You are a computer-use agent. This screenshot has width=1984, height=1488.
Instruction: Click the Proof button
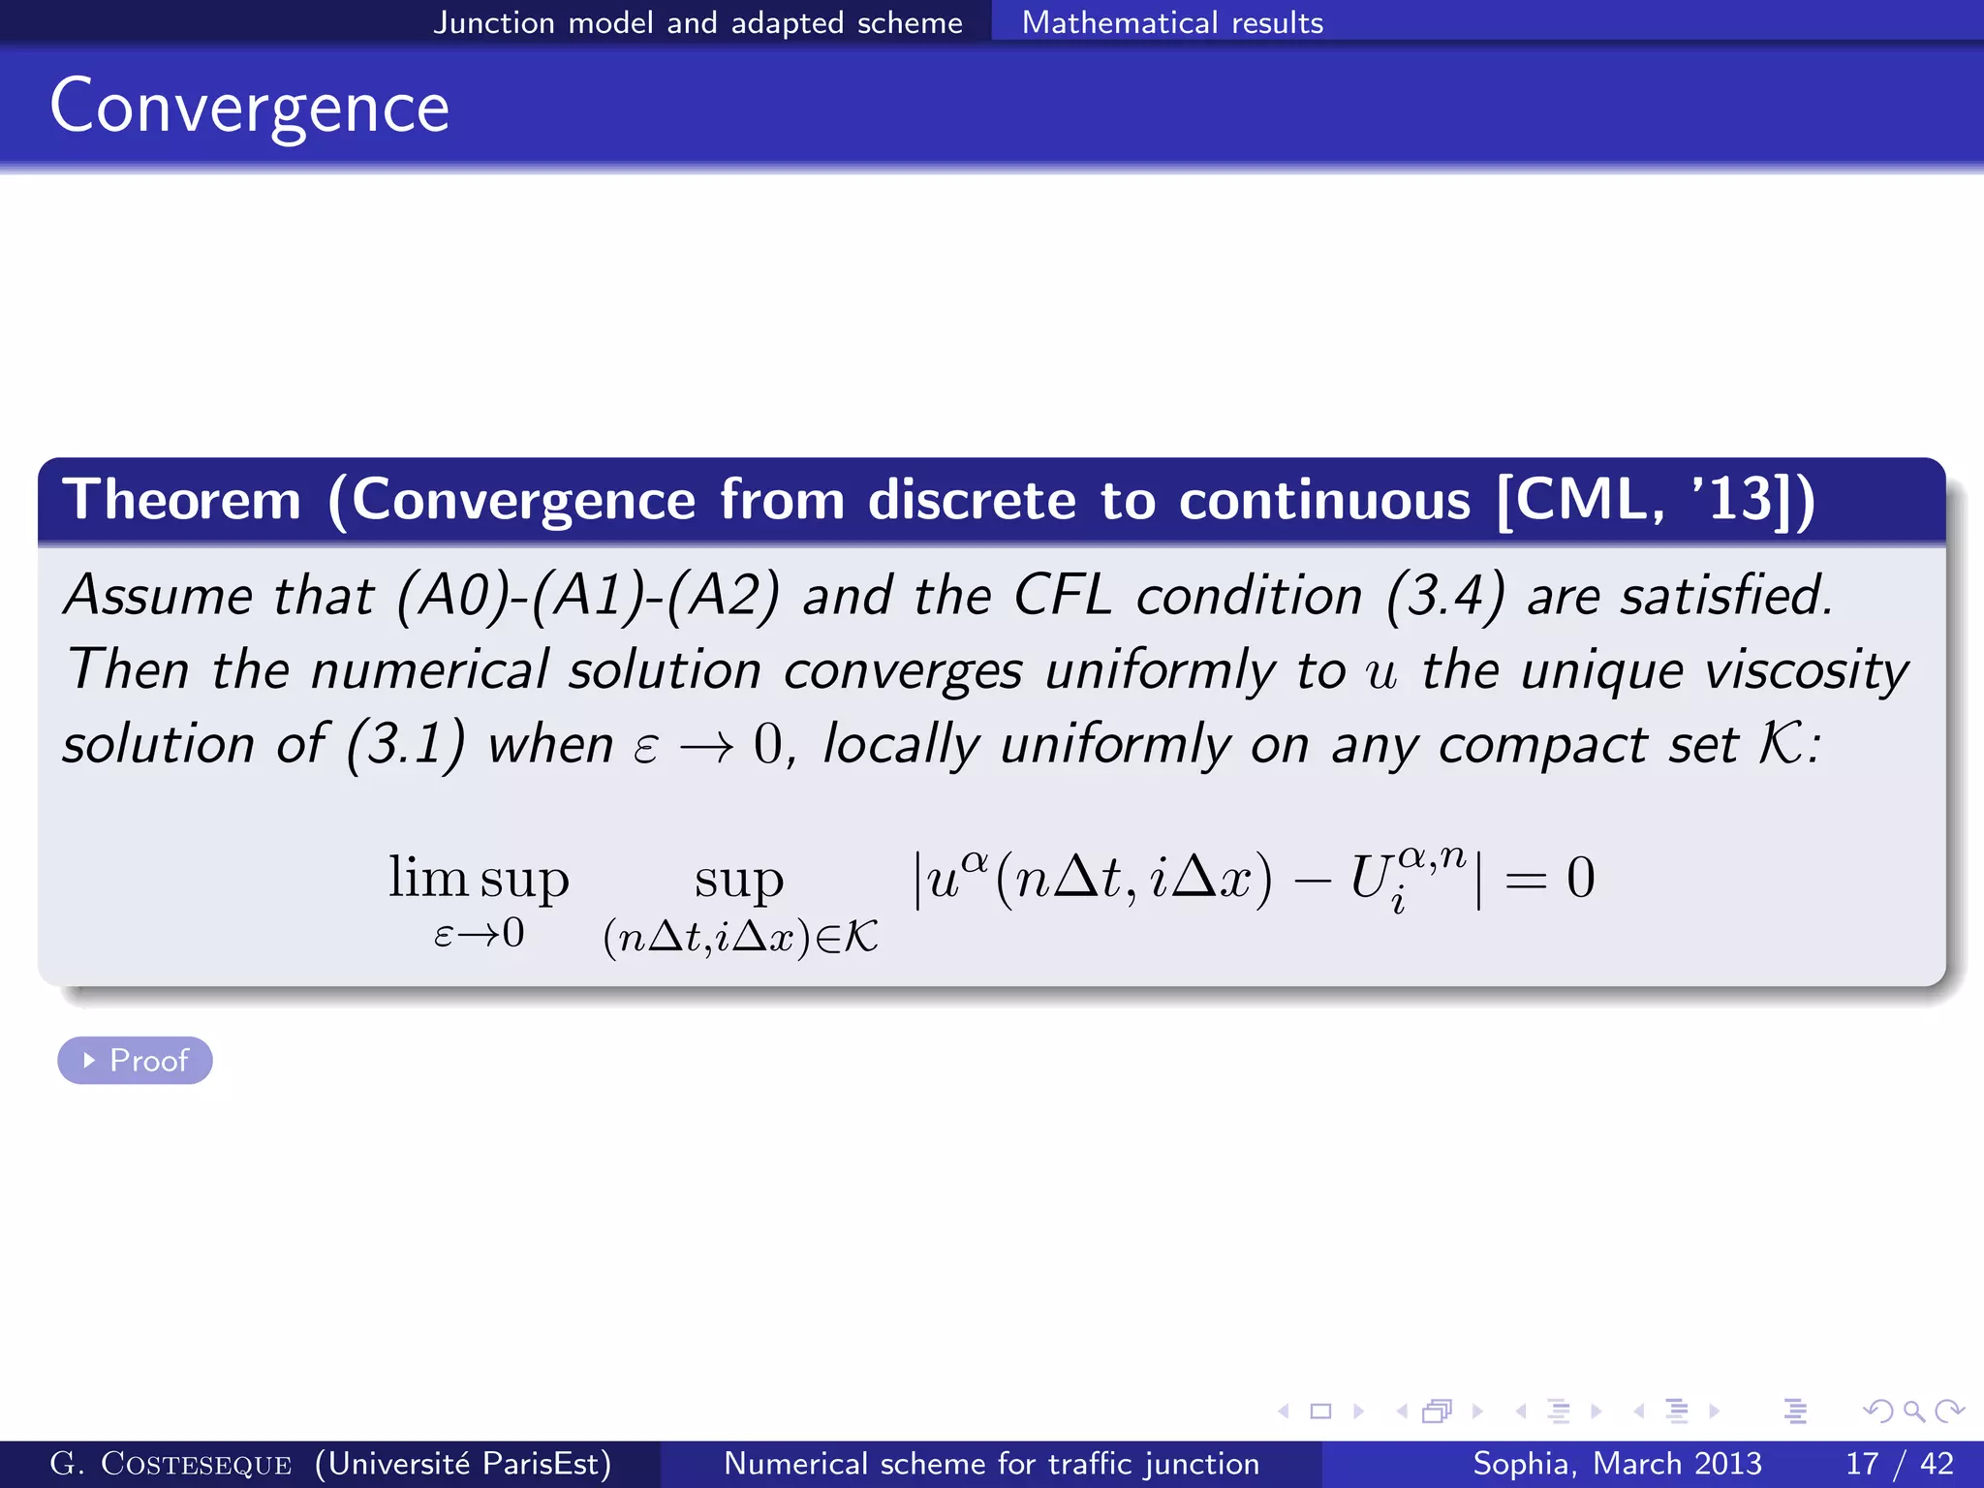[135, 1060]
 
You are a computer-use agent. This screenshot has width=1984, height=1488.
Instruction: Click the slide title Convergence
[249, 107]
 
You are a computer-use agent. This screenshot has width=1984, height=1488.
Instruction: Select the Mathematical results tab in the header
[1172, 21]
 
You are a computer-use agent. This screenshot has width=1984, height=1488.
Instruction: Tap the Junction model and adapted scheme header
[697, 21]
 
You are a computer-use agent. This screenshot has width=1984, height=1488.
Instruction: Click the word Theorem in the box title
[182, 500]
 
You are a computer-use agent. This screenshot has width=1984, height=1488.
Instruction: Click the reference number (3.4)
[1445, 595]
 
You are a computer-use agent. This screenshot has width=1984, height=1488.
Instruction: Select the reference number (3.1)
[406, 744]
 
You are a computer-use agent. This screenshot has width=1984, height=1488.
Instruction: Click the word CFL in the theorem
[1063, 595]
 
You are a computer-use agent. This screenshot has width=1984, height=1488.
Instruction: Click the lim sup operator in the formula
[479, 878]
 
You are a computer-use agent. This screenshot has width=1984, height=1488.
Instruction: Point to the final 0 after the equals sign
[1580, 878]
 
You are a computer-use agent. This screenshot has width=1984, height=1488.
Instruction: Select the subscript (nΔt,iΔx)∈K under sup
[740, 937]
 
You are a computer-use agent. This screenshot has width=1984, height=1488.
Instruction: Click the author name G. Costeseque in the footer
[170, 1464]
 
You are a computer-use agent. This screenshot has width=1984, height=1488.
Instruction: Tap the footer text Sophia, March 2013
[1617, 1464]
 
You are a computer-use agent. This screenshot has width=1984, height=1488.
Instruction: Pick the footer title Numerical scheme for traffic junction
[991, 1464]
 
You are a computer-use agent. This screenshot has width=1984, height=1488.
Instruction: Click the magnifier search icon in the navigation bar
[1913, 1411]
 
